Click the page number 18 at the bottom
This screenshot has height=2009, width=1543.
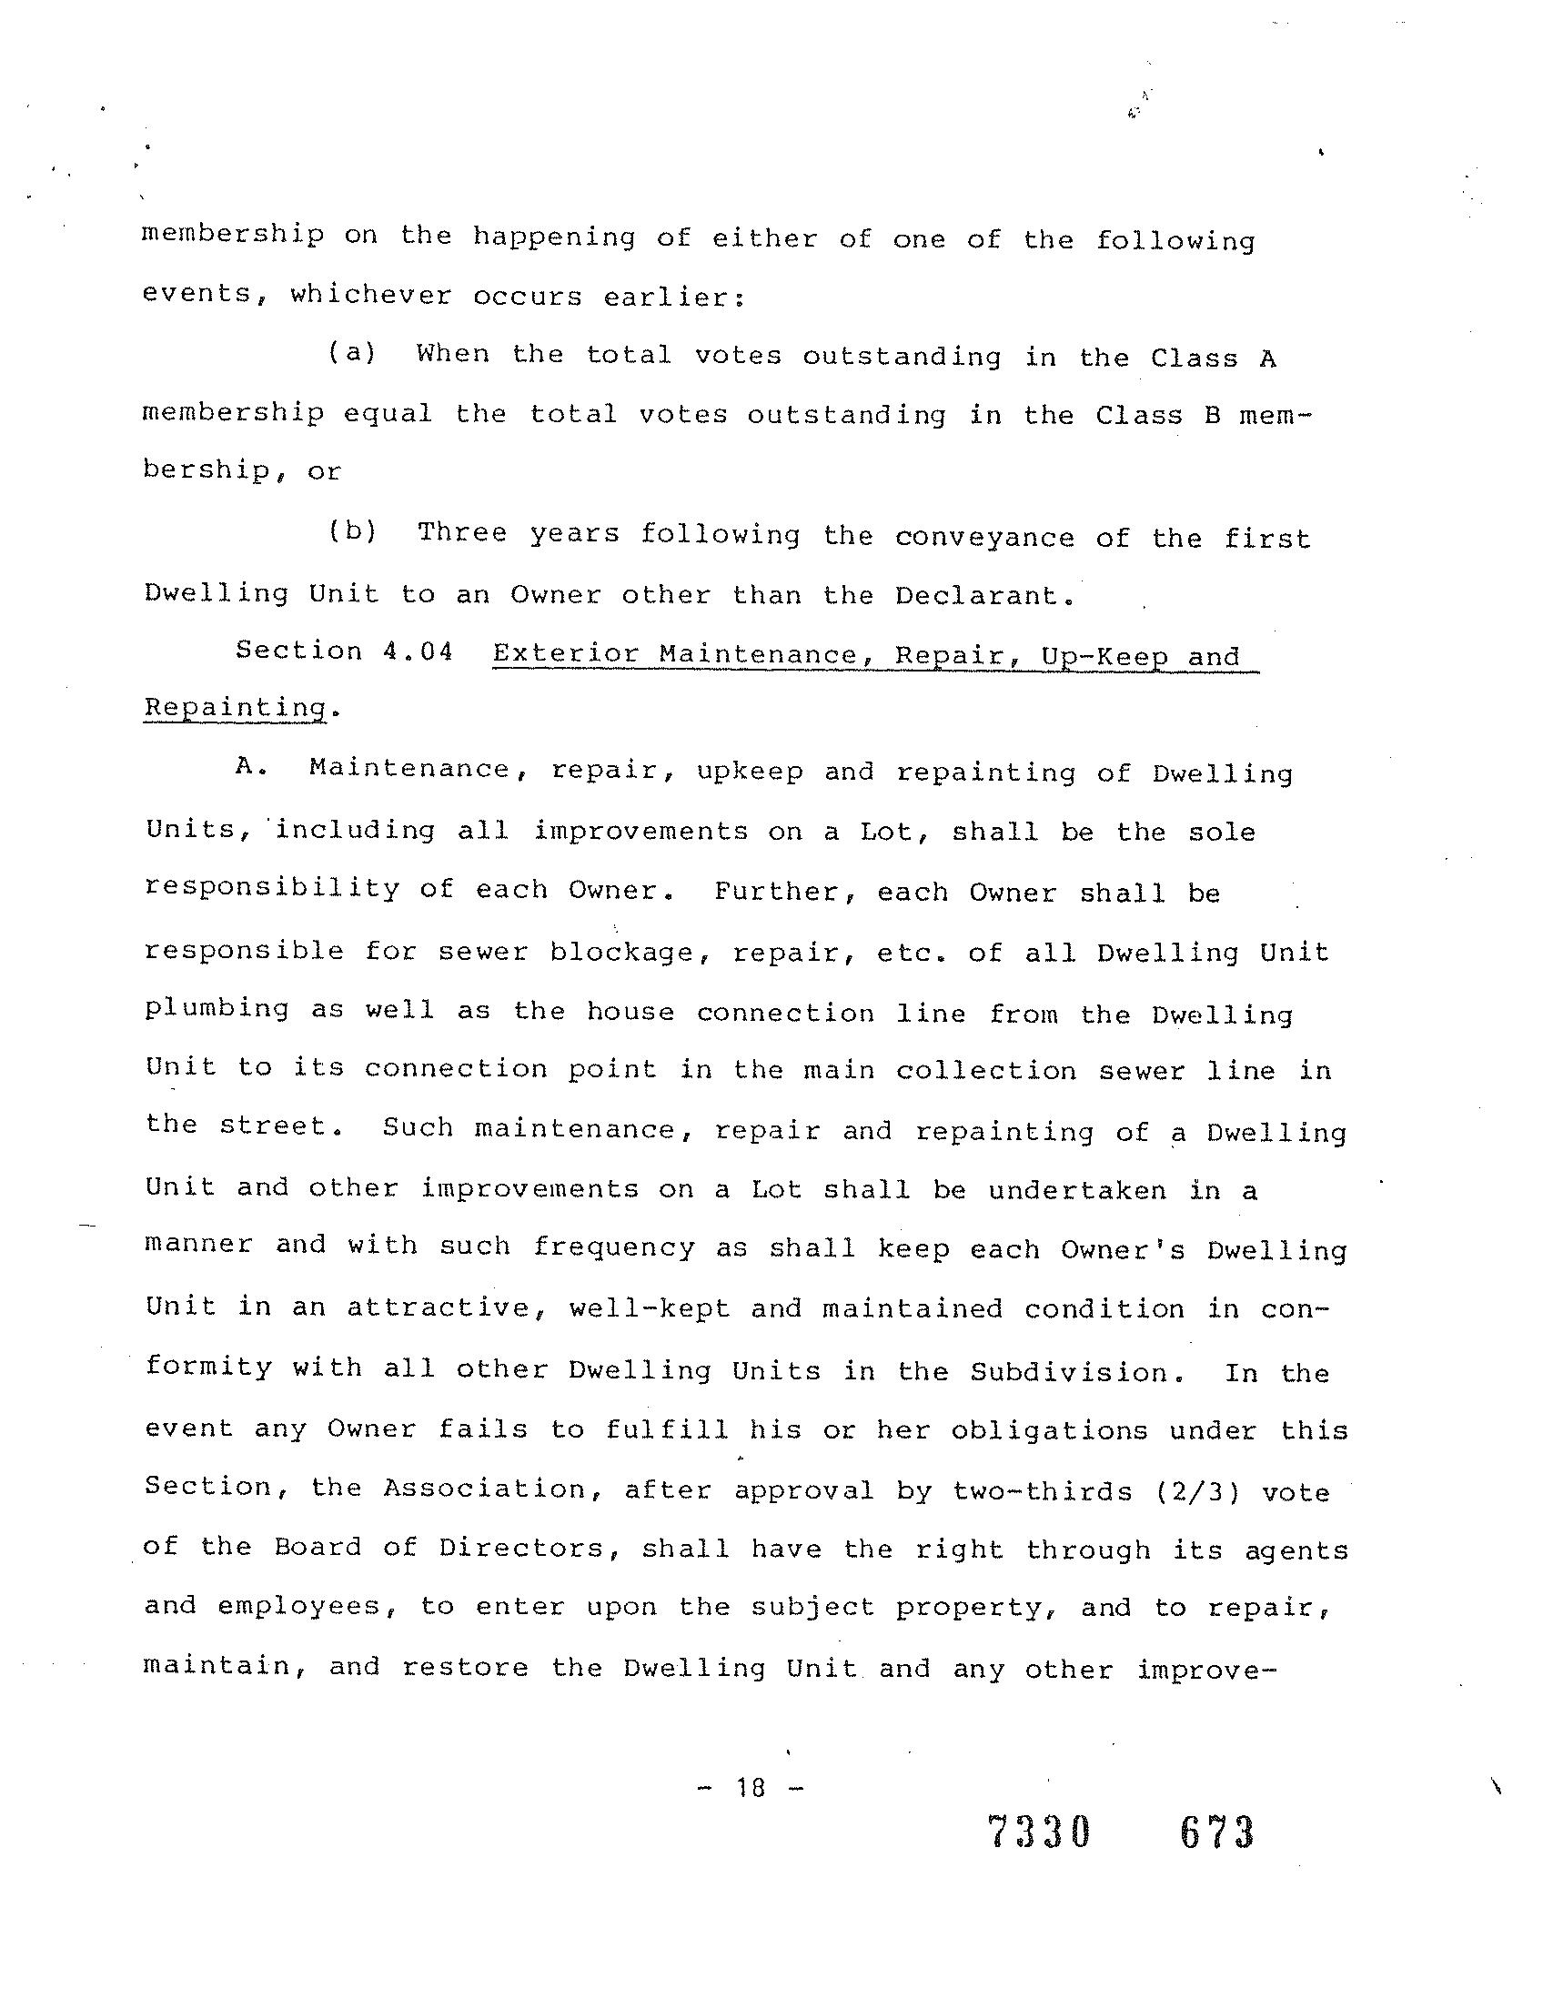click(751, 1787)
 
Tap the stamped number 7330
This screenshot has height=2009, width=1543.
click(1039, 1832)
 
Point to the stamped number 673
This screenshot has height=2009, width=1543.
click(1217, 1832)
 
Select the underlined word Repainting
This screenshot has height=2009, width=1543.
click(235, 708)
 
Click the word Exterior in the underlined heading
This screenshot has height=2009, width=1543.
click(565, 653)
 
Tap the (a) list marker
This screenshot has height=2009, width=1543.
click(353, 353)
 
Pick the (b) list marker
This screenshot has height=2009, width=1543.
click(353, 532)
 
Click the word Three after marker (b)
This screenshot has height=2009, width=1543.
click(462, 533)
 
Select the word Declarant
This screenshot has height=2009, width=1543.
click(983, 595)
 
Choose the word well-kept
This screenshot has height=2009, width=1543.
click(650, 1308)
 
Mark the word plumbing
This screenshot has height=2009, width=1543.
click(217, 1011)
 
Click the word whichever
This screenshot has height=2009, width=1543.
click(371, 296)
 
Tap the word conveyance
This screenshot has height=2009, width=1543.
click(984, 538)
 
